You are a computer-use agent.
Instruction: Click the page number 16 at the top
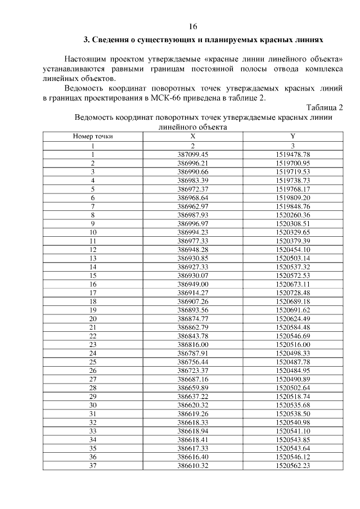coord(193,26)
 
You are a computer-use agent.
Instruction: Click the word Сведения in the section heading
coord(115,40)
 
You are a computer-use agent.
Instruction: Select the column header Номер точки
coord(93,136)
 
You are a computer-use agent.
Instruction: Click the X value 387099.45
coord(193,154)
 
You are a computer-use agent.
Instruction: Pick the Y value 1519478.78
coord(293,154)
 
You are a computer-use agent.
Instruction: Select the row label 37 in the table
coord(93,467)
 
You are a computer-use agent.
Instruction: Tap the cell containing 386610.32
coord(193,467)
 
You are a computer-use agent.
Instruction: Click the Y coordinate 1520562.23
coord(293,467)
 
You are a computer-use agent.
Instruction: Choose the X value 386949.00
coord(193,284)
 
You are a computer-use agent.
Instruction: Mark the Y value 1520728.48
coord(293,293)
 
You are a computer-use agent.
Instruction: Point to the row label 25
coord(93,362)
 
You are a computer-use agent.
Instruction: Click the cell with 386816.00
coord(193,345)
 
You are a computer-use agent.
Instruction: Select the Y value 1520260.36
coord(293,214)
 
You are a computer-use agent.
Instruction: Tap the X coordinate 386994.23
coord(193,232)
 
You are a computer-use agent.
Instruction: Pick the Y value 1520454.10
coord(293,249)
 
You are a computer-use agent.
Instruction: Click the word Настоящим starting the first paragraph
coord(84,59)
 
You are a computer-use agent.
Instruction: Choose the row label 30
coord(93,406)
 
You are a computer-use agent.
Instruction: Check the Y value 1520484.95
coord(293,371)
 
